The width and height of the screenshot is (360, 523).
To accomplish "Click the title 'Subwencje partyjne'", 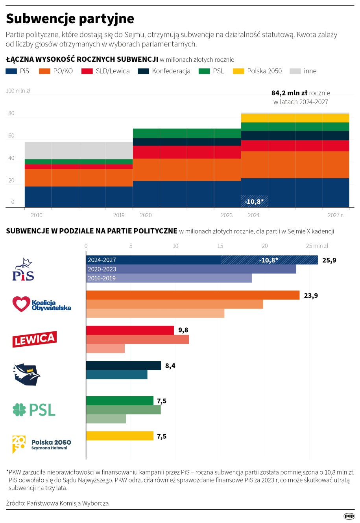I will click(x=70, y=18).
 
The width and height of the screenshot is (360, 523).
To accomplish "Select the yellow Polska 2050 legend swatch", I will click(x=239, y=71).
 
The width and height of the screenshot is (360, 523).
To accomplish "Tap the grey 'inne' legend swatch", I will click(x=295, y=71).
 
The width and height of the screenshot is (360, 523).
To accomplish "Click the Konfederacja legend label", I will click(x=171, y=71).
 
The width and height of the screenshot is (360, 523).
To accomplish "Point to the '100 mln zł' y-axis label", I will click(x=18, y=91).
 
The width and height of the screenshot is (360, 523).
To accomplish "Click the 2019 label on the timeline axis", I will click(x=119, y=215).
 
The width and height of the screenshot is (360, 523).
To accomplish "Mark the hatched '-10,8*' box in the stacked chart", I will click(x=254, y=201).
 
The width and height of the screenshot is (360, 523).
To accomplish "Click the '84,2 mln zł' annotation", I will click(x=289, y=93).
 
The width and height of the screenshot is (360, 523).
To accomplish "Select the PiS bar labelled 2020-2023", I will click(x=191, y=269).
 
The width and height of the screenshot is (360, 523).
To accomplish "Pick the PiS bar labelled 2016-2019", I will click(x=169, y=278).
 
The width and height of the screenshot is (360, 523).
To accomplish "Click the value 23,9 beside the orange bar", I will click(x=311, y=296).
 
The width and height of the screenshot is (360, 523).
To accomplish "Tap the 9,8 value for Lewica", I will click(x=183, y=330).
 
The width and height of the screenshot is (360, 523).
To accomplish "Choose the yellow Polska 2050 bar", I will click(x=120, y=436).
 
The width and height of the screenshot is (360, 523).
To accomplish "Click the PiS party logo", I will click(x=23, y=270).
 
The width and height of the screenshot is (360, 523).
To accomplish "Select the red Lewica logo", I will click(x=34, y=339).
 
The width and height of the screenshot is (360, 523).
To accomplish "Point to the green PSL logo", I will click(x=34, y=410).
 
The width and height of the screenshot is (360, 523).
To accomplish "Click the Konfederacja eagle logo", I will click(x=27, y=374).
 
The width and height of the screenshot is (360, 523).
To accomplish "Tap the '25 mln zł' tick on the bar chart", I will click(x=317, y=246).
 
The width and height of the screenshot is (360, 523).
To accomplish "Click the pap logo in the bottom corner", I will click(x=349, y=516).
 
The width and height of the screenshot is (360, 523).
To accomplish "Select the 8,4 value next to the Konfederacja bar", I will click(x=170, y=366).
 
